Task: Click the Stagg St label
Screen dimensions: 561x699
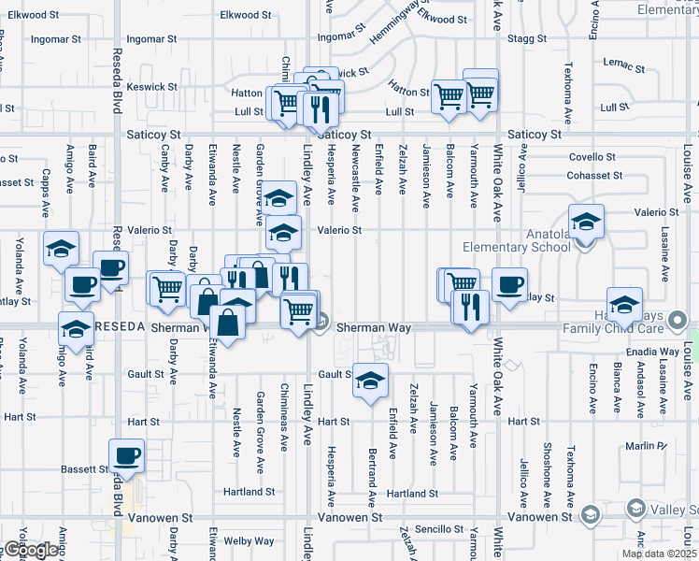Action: [x=529, y=38]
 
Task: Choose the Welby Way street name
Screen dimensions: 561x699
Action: [x=250, y=540]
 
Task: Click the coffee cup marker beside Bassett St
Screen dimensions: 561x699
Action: [x=126, y=455]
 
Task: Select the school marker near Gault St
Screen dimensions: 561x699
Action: [x=371, y=381]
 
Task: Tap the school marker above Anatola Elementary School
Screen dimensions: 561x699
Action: [x=586, y=223]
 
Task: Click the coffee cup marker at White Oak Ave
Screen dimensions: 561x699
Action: [x=509, y=284]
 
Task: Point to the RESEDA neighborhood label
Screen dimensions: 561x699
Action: [x=120, y=327]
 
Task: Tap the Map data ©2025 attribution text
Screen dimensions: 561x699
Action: [x=658, y=554]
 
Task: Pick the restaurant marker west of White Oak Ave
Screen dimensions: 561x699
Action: [x=470, y=305]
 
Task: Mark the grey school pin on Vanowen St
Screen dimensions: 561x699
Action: [x=590, y=515]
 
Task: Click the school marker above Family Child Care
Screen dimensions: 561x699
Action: [x=624, y=303]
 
